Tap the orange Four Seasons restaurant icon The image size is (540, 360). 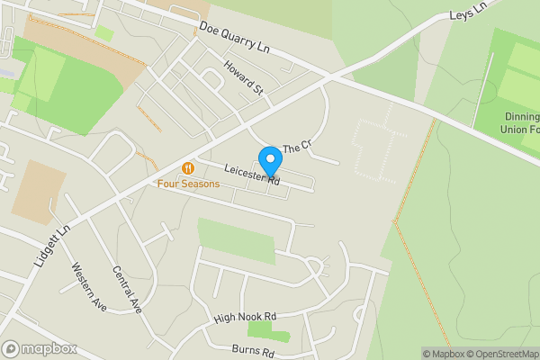[x=188, y=167]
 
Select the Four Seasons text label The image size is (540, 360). [x=188, y=184]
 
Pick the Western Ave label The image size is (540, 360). [x=89, y=286]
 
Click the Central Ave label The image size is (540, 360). [x=128, y=288]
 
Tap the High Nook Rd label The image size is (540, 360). [x=244, y=318]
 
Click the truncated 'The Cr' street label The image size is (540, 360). [x=296, y=147]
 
